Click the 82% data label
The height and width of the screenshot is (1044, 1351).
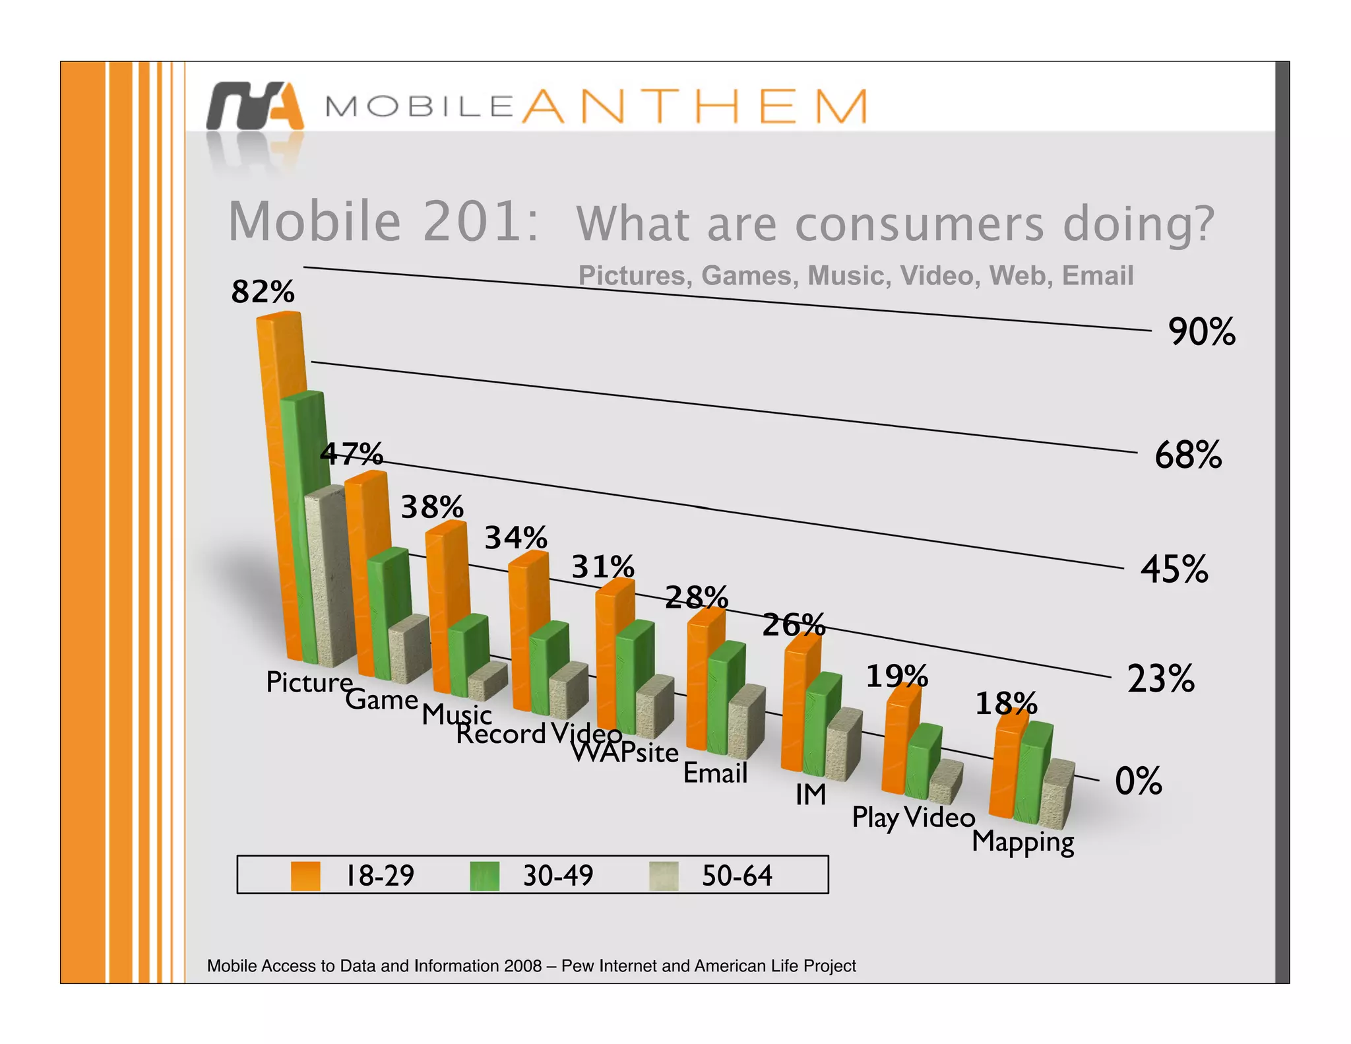[263, 292]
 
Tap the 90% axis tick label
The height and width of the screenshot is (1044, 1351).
[1201, 332]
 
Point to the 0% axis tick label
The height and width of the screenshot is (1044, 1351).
[1138, 781]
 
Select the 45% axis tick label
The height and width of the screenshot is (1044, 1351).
[1174, 570]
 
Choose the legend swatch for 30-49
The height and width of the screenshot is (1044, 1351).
[485, 876]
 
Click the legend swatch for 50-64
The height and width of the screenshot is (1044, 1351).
[663, 876]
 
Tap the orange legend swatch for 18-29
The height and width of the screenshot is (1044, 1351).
[305, 876]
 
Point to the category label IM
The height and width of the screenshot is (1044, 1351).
[810, 795]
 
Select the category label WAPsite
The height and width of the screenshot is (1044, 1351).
[624, 753]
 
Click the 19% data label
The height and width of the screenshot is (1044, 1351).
[896, 676]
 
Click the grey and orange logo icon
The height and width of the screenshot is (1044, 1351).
[255, 106]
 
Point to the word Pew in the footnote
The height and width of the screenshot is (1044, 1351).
[577, 966]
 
